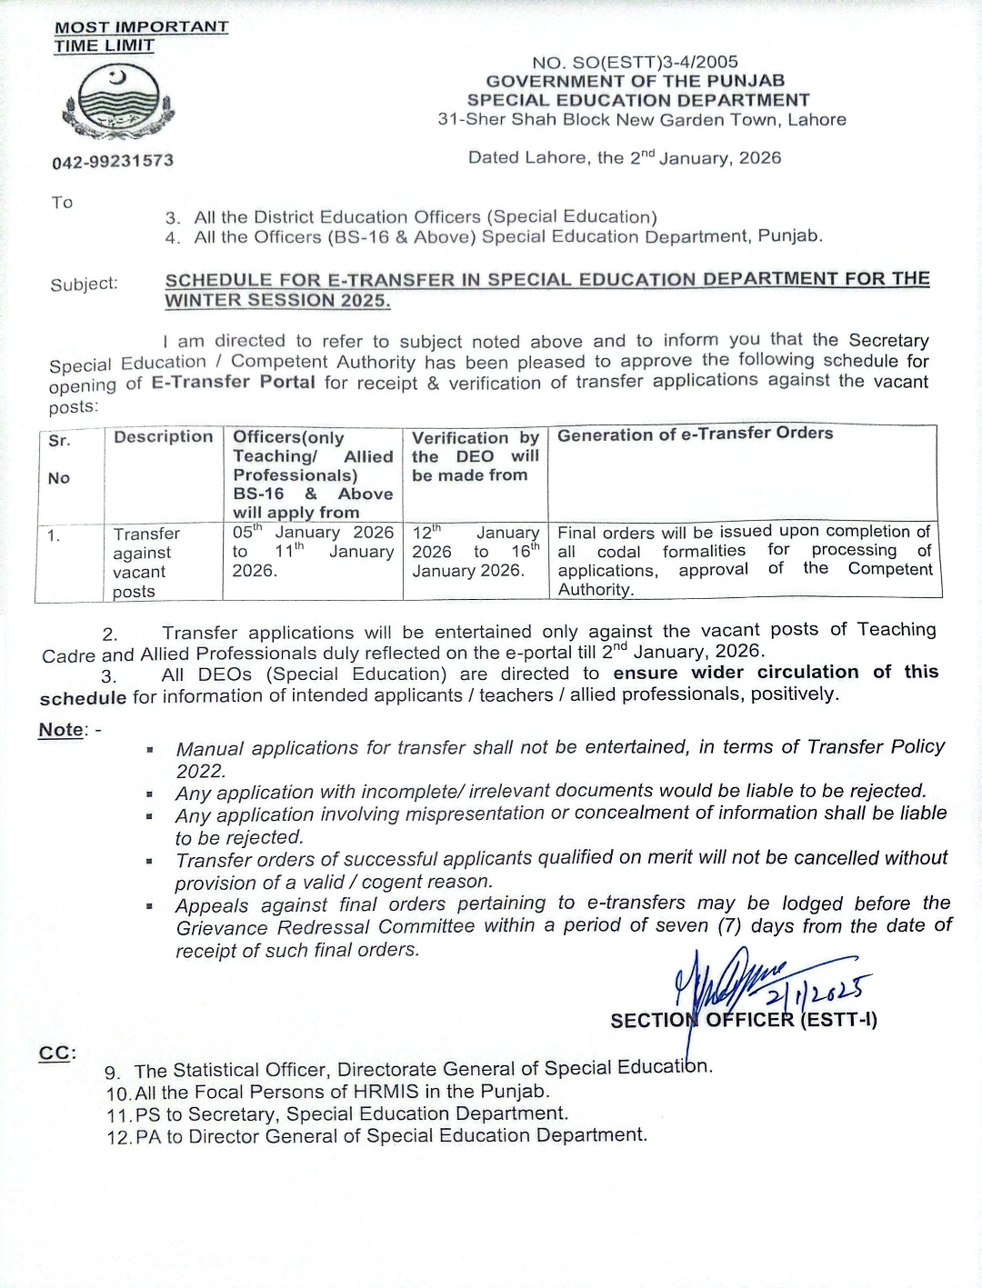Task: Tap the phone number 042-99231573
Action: click(113, 161)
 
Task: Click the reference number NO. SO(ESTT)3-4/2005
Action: click(635, 62)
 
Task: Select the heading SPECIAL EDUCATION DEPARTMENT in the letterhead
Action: click(637, 100)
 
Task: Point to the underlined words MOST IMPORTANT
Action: click(141, 27)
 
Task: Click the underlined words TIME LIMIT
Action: click(104, 45)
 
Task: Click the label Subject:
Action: click(84, 285)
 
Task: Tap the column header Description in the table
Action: click(163, 436)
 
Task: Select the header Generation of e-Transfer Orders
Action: click(695, 434)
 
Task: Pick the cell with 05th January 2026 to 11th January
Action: click(313, 551)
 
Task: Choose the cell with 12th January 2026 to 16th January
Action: click(475, 551)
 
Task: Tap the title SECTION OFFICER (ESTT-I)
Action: click(743, 1020)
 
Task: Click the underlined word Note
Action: click(60, 730)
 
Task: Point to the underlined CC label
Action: click(55, 1053)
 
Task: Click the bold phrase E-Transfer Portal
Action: click(233, 383)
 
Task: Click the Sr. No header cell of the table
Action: click(60, 459)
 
